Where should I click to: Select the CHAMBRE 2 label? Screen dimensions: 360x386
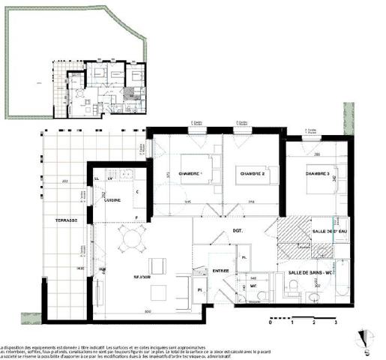(x=253, y=174)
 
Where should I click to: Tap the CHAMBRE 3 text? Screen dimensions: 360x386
(x=317, y=174)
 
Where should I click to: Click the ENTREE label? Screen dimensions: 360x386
(x=220, y=270)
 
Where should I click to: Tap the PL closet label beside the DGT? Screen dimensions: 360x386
(x=244, y=257)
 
